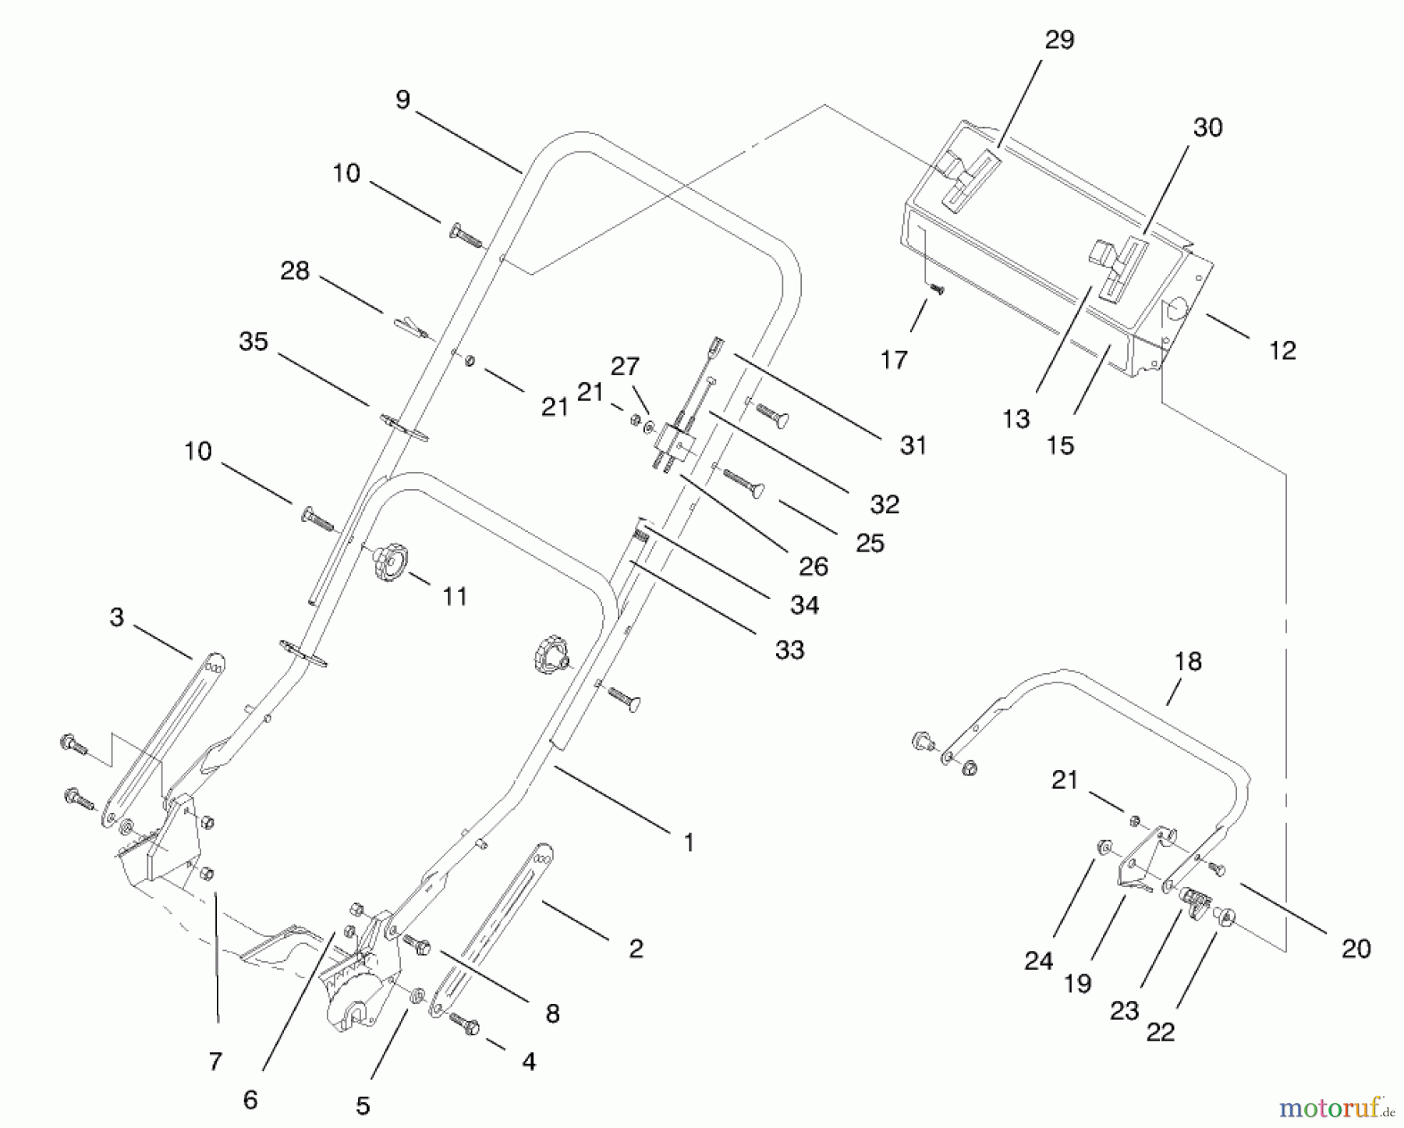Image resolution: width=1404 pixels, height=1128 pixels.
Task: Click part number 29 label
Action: point(1058,40)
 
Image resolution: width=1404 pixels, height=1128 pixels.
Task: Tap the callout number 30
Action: point(1207,127)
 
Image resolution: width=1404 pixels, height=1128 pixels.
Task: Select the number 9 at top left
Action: point(402,100)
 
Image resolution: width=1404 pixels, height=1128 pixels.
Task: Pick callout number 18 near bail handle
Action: point(1188,662)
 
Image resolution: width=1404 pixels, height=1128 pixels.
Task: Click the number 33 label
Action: point(789,649)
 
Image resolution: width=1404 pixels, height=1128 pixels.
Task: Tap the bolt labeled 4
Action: point(466,1023)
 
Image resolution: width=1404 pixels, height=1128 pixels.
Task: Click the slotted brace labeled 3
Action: point(164,733)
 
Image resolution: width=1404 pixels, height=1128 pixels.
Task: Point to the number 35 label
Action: point(253,342)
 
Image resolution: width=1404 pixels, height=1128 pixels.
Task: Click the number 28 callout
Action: point(295,271)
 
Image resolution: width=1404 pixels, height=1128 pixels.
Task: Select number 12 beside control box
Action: point(1282,350)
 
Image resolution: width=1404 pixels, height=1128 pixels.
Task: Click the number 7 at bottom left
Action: point(215,1061)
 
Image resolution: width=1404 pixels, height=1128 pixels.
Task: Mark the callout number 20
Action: point(1356,948)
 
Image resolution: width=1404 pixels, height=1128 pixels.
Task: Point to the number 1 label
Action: point(689,842)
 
